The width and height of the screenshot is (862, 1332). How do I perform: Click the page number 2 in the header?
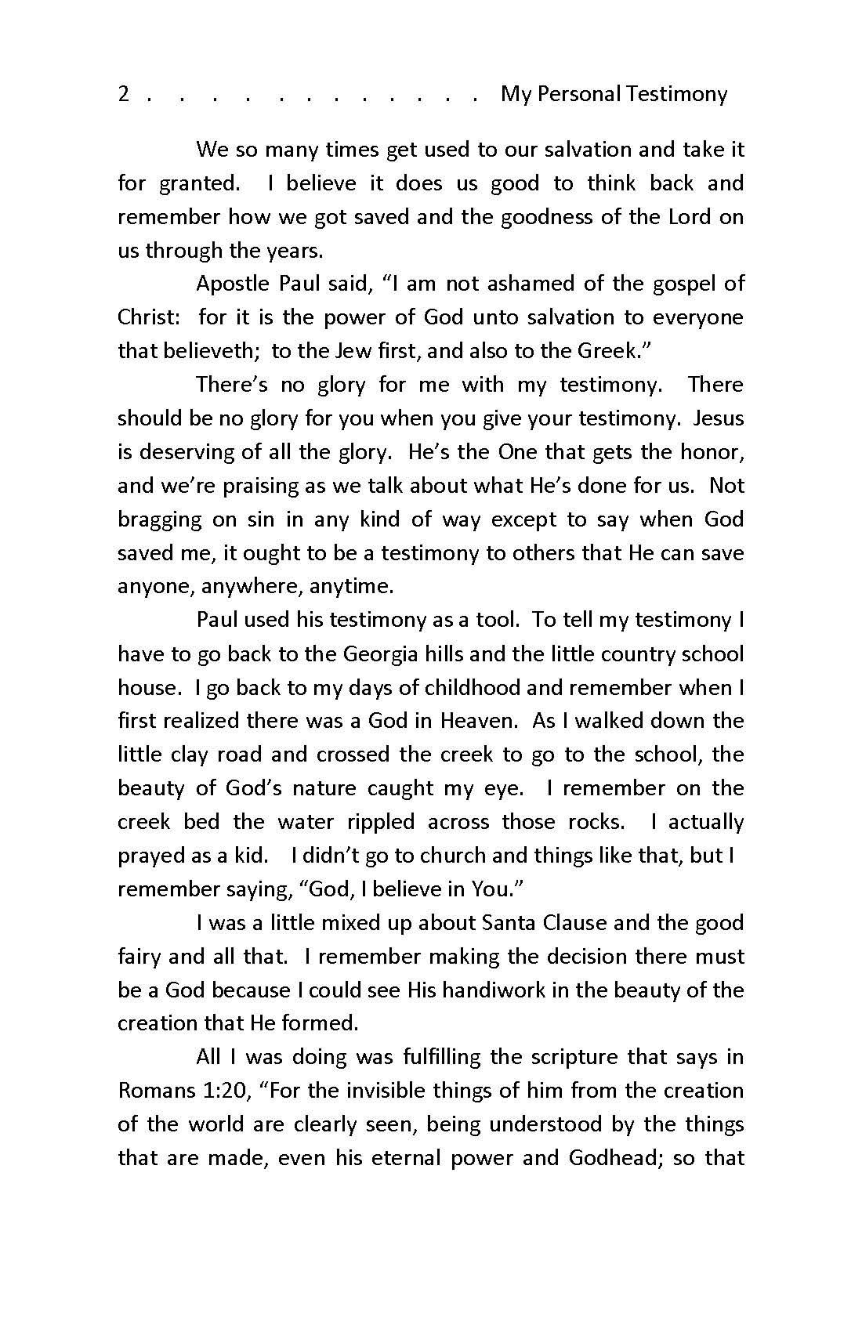point(123,94)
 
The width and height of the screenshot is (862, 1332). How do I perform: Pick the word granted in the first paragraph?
point(200,183)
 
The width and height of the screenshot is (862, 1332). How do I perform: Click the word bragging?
point(160,519)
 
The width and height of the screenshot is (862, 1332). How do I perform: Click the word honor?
point(711,452)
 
